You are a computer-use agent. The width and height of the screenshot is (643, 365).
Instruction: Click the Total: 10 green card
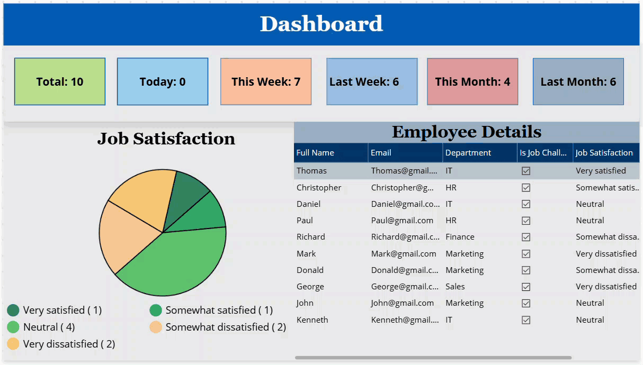[x=60, y=81]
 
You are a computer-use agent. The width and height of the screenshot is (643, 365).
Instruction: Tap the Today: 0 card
[x=163, y=81]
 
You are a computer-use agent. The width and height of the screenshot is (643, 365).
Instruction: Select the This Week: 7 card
[x=266, y=81]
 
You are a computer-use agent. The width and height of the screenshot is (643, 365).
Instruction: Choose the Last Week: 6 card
[x=371, y=81]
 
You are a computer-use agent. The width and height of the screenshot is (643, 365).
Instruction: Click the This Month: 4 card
[x=472, y=81]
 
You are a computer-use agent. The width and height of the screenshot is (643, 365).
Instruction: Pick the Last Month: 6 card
[x=578, y=81]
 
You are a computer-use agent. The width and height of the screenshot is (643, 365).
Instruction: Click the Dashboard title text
[x=321, y=24]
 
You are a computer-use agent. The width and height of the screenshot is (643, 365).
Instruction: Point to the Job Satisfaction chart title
[x=166, y=139]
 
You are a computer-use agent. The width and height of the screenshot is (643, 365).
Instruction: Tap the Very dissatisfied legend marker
[x=13, y=344]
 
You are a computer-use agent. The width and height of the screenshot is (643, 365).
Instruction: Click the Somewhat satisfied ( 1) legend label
[x=219, y=310]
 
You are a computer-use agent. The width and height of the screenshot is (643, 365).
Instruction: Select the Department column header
[x=468, y=152]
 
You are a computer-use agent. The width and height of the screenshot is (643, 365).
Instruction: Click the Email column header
[x=381, y=152]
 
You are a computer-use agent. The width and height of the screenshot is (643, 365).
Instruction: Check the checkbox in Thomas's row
[x=526, y=171]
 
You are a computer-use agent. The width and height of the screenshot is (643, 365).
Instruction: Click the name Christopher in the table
[x=319, y=187]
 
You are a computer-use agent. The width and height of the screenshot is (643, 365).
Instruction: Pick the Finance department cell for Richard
[x=460, y=236]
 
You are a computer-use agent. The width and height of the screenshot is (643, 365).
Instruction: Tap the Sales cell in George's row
[x=455, y=286]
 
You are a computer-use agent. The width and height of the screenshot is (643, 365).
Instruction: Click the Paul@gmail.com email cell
[x=402, y=220]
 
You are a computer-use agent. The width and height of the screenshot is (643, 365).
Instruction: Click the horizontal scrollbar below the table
[x=433, y=358]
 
